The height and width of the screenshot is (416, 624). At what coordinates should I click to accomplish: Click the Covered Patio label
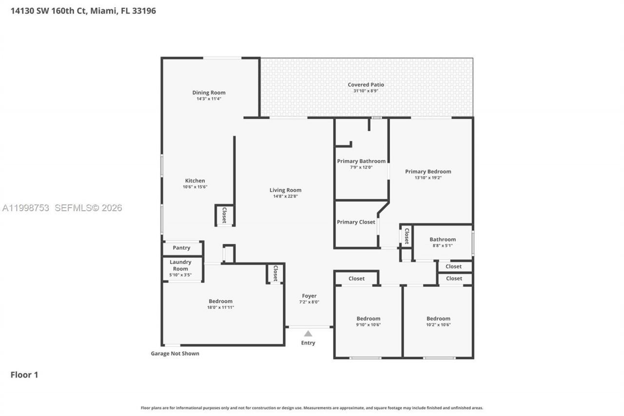pyautogui.click(x=366, y=85)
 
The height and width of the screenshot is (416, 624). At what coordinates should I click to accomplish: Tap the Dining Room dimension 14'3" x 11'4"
pyautogui.click(x=209, y=99)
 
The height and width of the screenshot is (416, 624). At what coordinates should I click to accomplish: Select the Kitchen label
pyautogui.click(x=195, y=180)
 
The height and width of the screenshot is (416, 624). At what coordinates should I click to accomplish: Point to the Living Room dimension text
pyautogui.click(x=285, y=197)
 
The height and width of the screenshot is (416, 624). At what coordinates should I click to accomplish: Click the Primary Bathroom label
pyautogui.click(x=361, y=161)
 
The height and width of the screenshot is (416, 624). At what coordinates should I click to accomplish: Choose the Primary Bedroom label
pyautogui.click(x=428, y=171)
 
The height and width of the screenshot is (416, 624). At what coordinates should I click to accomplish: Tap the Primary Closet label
pyautogui.click(x=356, y=222)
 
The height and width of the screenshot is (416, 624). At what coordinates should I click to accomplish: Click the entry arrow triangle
pyautogui.click(x=308, y=334)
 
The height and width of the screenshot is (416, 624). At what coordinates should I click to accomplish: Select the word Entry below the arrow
pyautogui.click(x=308, y=343)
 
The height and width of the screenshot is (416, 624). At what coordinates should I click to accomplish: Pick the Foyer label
pyautogui.click(x=309, y=296)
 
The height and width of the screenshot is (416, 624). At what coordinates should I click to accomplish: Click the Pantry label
pyautogui.click(x=181, y=248)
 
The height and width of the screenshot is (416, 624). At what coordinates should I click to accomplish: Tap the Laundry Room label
pyautogui.click(x=180, y=265)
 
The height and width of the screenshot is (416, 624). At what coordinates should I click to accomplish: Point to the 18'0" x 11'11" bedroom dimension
pyautogui.click(x=220, y=308)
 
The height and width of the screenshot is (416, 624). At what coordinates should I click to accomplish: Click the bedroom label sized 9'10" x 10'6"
pyautogui.click(x=368, y=318)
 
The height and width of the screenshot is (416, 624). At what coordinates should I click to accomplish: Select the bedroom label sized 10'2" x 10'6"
pyautogui.click(x=438, y=318)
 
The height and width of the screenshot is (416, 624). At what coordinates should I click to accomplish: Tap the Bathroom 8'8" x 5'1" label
pyautogui.click(x=443, y=239)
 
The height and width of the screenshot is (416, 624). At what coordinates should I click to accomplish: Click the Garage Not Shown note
pyautogui.click(x=175, y=354)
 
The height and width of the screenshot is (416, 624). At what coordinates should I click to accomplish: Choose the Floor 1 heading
pyautogui.click(x=24, y=375)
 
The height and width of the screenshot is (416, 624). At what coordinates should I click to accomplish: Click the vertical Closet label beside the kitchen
pyautogui.click(x=224, y=215)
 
